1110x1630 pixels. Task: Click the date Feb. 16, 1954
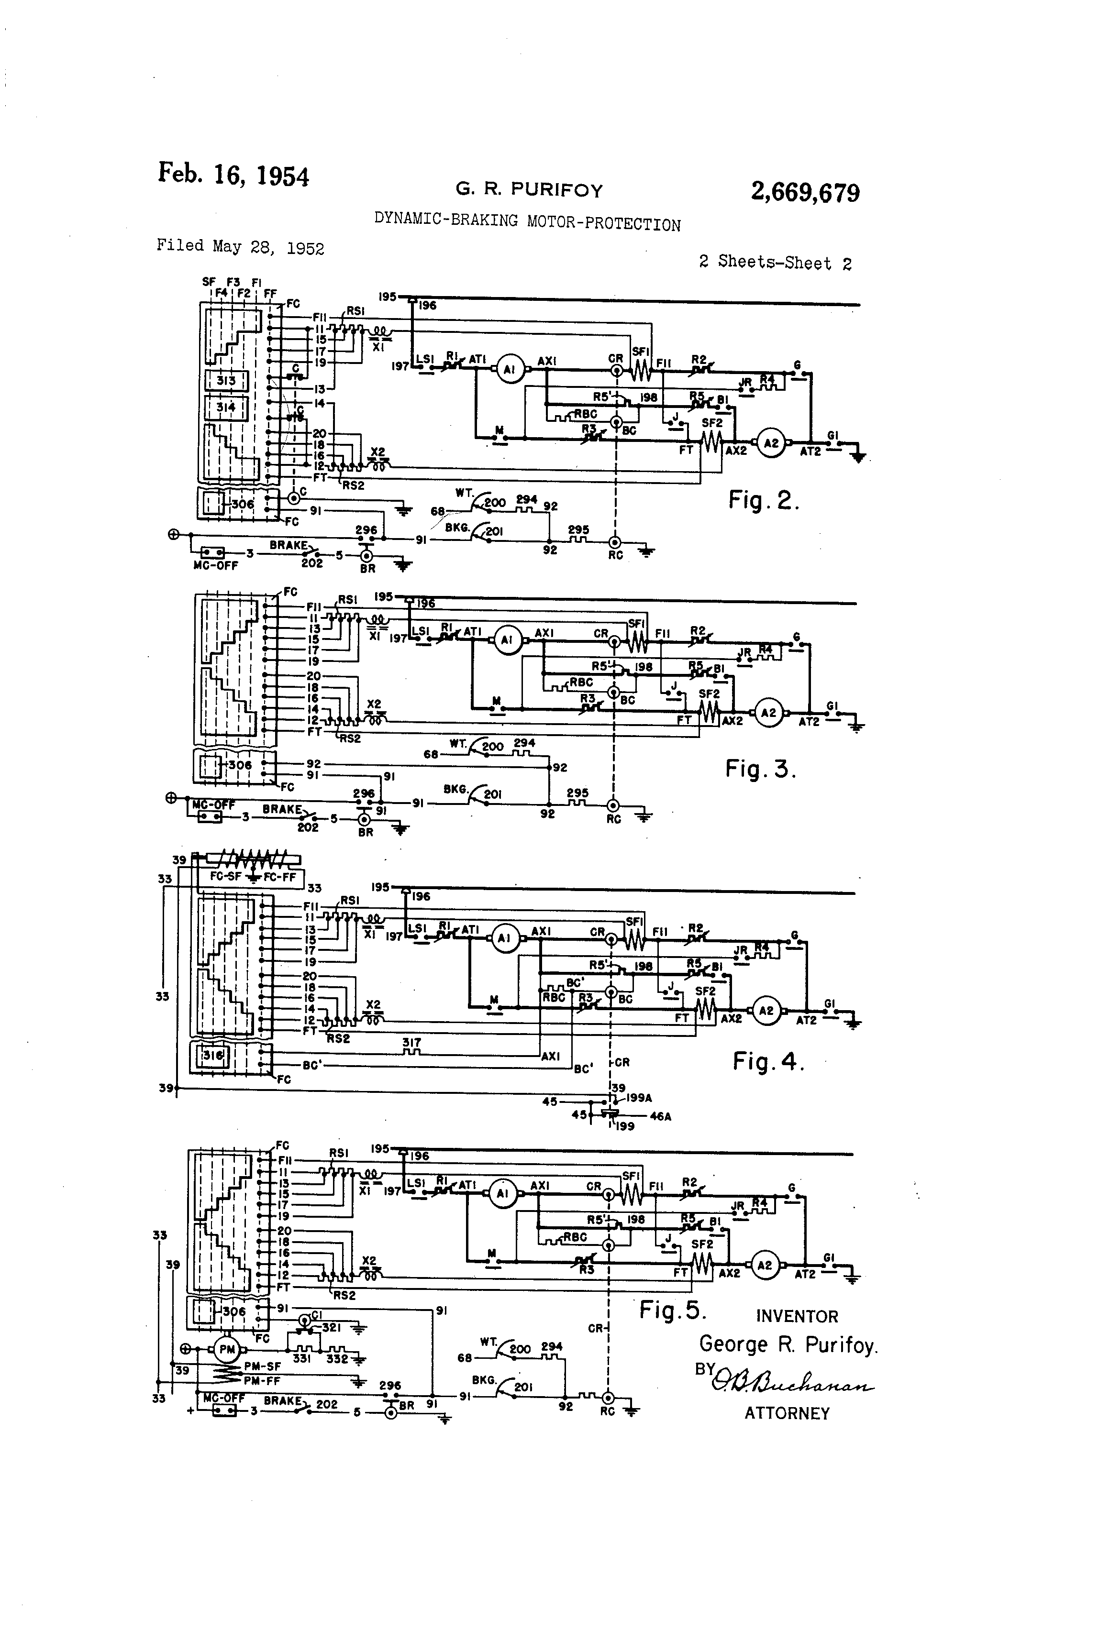233,174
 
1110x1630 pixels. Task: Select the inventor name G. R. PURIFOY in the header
529,189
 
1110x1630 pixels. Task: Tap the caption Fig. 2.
764,500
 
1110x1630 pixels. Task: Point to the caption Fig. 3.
761,770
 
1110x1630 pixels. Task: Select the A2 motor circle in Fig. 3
769,713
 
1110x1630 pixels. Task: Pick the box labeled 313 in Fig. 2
226,381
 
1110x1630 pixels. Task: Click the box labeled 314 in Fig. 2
226,407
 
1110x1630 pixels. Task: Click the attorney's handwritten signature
793,1381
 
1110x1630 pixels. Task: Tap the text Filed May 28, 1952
240,246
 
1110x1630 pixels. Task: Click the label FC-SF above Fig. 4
226,877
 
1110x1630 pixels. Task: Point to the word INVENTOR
797,1317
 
